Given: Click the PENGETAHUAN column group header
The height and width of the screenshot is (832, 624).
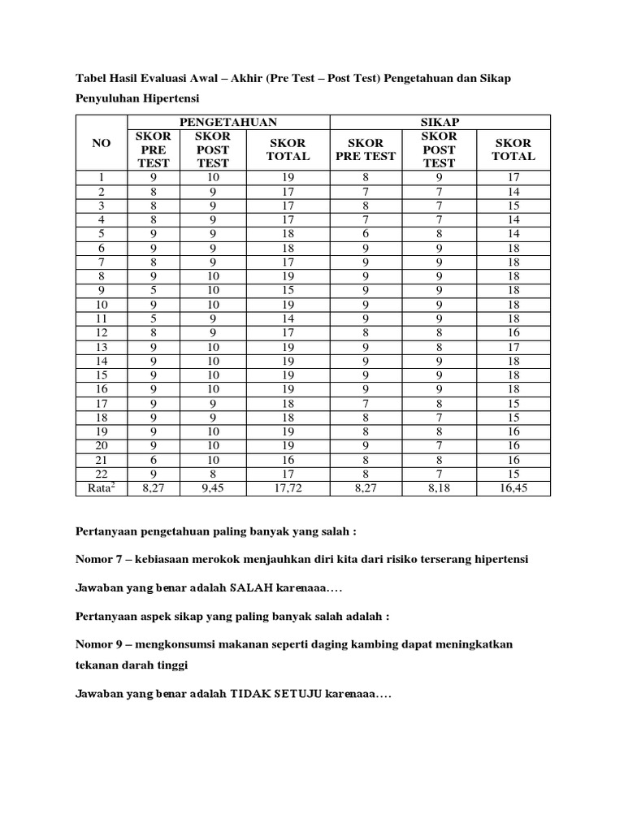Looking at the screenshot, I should (x=228, y=122).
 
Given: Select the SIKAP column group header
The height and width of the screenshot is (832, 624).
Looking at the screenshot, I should (x=440, y=122).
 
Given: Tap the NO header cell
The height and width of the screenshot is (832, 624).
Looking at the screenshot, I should (x=101, y=143).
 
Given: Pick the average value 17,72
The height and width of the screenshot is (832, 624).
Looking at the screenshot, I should (x=288, y=488).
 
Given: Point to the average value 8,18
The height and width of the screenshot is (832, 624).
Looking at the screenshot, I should (x=439, y=488).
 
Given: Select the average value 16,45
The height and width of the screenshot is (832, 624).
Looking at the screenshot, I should (x=513, y=488).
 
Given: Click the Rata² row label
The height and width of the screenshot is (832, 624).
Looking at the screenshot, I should (x=101, y=487).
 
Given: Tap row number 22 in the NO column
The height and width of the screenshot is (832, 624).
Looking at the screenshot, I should (x=101, y=474).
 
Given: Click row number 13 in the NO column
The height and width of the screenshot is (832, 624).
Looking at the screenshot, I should (x=101, y=347).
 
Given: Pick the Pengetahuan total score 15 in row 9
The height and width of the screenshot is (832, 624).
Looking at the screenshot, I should (x=288, y=291).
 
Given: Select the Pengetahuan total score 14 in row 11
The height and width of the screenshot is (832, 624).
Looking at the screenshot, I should (x=288, y=319).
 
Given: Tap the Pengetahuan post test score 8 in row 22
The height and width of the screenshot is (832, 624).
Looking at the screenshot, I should (x=214, y=474).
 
